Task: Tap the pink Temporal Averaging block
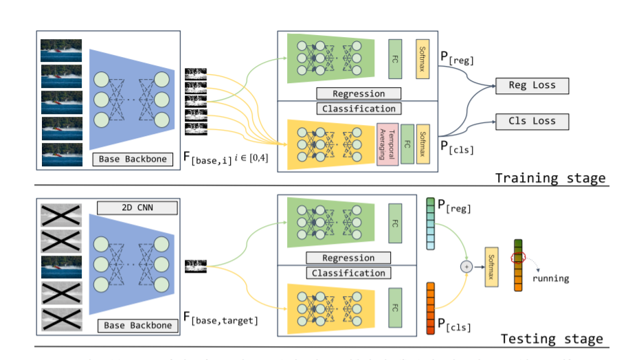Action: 387,144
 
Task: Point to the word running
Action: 550,278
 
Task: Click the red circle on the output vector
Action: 517,256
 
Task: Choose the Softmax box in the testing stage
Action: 491,267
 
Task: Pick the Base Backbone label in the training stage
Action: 133,159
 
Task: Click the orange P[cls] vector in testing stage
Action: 431,308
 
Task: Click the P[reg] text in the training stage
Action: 457,62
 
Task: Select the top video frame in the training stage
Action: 60,51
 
